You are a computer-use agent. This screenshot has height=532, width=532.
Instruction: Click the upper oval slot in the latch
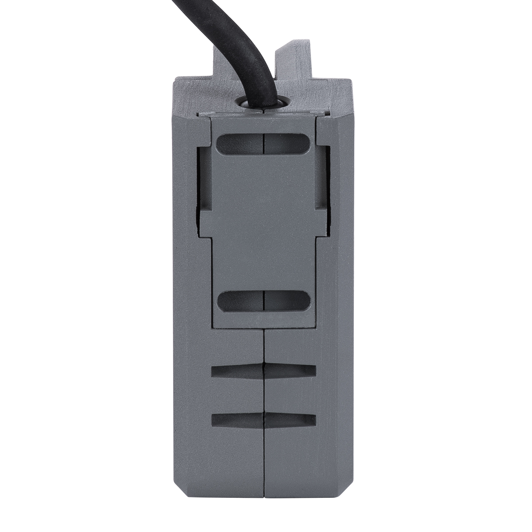263,144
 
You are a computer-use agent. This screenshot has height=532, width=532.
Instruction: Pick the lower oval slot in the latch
263,301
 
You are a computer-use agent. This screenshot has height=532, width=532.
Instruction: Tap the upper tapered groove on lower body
264,372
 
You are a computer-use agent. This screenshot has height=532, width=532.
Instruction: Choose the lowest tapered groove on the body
264,420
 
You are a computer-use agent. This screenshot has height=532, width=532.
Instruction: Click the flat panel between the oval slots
263,222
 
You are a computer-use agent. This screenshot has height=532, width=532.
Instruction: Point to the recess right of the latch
321,177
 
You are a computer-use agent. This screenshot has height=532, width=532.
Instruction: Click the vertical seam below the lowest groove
264,465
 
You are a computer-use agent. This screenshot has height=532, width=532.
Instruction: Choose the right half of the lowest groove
290,420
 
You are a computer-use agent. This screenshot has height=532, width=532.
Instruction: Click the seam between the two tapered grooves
264,396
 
